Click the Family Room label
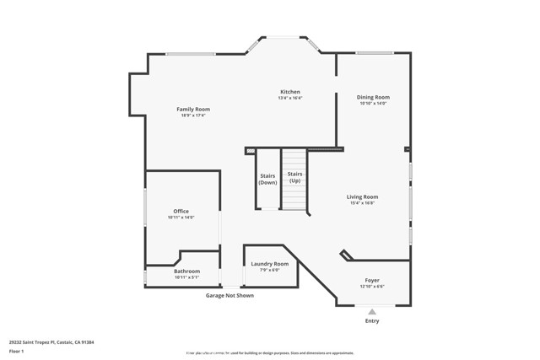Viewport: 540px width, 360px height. tap(193, 109)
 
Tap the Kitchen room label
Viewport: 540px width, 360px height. tap(290, 92)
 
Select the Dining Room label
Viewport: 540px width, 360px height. tap(373, 97)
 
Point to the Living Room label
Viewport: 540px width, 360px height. tap(362, 197)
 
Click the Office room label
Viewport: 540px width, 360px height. tap(181, 211)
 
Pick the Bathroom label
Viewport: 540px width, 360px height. tap(186, 271)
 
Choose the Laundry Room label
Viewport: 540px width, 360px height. tap(269, 264)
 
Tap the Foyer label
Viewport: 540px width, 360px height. tap(372, 280)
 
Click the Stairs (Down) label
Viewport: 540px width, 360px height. tap(267, 179)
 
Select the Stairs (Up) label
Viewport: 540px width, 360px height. tap(294, 177)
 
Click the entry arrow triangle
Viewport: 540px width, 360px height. tap(372, 312)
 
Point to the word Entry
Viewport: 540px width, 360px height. tap(372, 320)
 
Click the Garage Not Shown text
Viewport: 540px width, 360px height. tap(229, 295)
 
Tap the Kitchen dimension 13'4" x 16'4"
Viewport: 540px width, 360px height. tap(290, 99)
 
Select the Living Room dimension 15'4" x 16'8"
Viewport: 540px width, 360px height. tap(362, 203)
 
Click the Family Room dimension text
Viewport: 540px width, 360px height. tap(193, 116)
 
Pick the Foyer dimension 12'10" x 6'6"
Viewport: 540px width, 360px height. tap(372, 287)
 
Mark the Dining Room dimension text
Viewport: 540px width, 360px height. tap(373, 104)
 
